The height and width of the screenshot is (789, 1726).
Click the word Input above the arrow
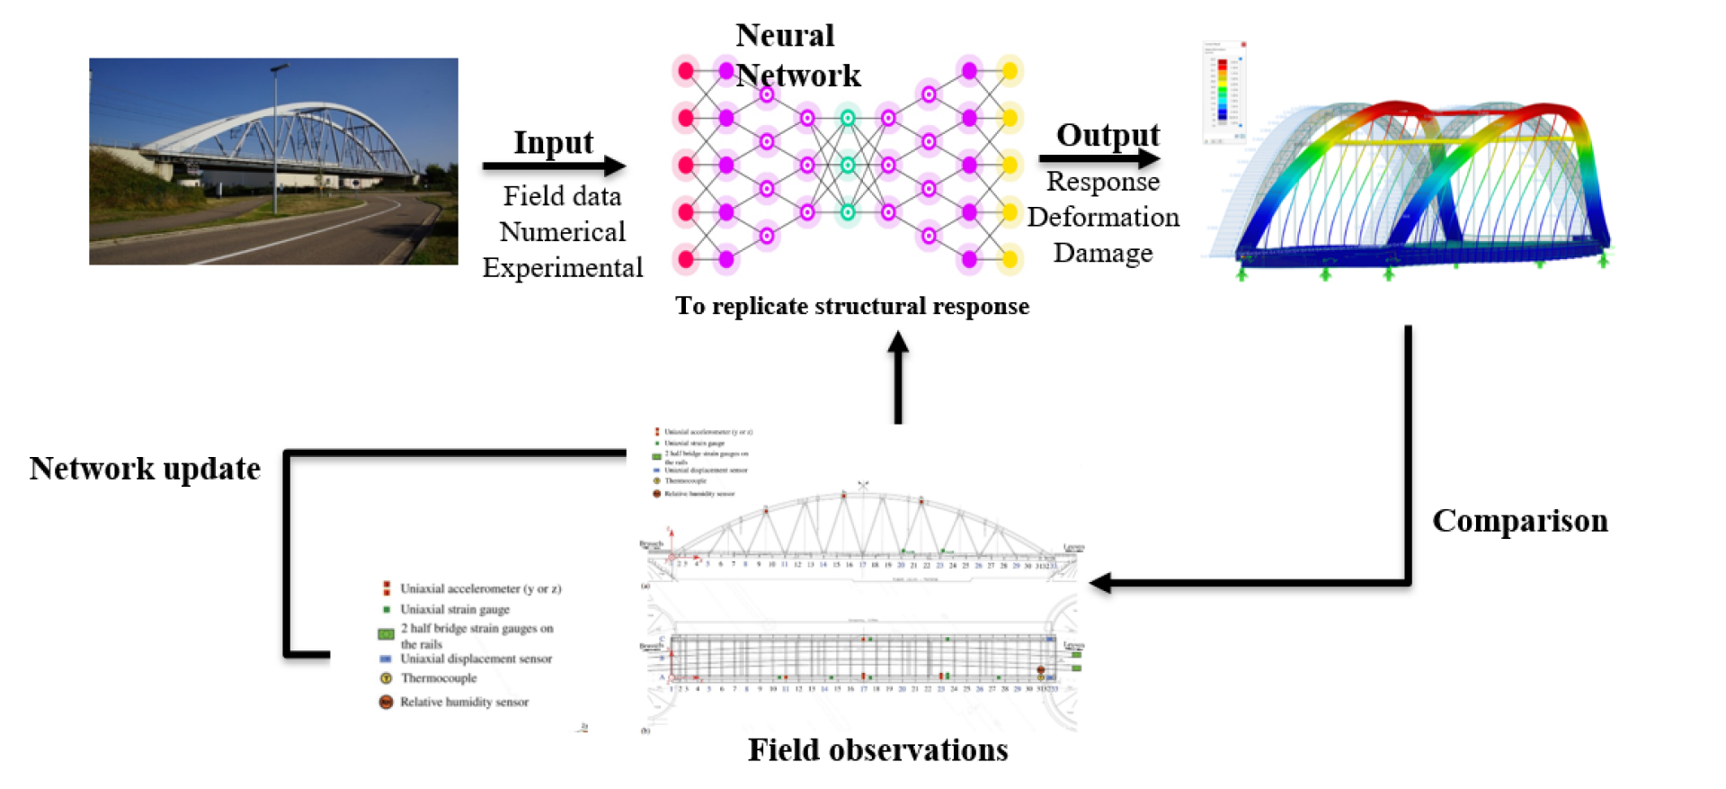point(553,142)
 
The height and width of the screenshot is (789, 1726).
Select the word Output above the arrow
point(1108,134)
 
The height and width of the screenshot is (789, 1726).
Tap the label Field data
point(562,195)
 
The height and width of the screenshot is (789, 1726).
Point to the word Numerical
point(562,231)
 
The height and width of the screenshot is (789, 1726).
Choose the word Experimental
point(562,267)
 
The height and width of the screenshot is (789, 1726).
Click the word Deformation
point(1103,217)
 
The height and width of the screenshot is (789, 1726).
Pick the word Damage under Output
point(1102,253)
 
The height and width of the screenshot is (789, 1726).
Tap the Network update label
point(145,469)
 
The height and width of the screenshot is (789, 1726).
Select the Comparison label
point(1519,521)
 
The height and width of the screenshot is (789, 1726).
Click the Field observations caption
point(877,749)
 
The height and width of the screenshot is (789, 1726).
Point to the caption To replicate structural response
point(851,306)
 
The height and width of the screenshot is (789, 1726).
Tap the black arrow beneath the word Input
point(553,166)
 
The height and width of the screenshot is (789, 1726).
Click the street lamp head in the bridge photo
point(280,67)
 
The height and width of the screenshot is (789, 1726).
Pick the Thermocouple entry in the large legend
point(438,678)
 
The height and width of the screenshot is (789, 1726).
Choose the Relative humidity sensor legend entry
point(464,702)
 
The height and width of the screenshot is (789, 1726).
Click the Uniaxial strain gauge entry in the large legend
point(454,609)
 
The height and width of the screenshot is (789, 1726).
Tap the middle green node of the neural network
point(847,166)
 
